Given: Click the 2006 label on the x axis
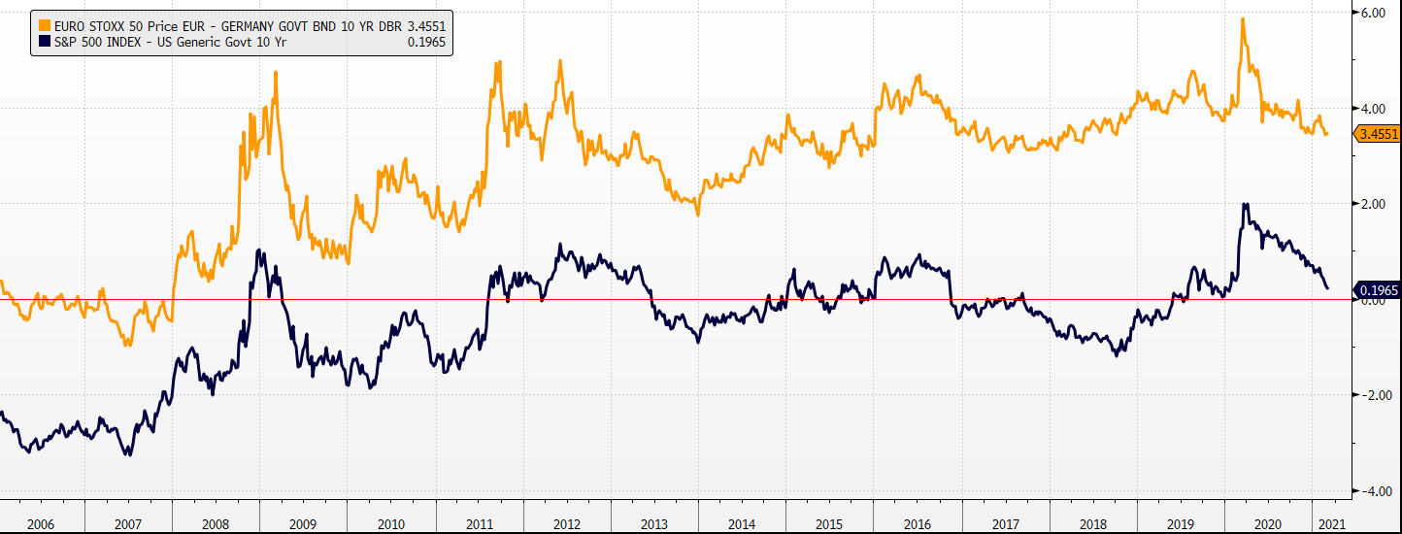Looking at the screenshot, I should coord(41,524).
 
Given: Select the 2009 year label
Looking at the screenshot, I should coord(303,524).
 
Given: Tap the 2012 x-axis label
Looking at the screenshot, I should coord(566,524).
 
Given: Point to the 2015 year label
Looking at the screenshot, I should coord(829,524).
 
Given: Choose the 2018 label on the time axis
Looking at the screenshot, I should coord(1093,524).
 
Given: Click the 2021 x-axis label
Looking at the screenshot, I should coord(1330,524).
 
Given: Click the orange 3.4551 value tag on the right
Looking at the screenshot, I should coord(1377,135).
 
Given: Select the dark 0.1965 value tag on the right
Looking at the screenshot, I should coord(1377,290).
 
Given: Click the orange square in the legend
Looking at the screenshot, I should coord(45,24).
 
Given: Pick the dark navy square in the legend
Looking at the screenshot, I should coord(45,42).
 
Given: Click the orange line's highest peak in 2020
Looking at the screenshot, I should coord(1243,19).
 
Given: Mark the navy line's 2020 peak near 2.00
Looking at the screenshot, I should coord(1245,205).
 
